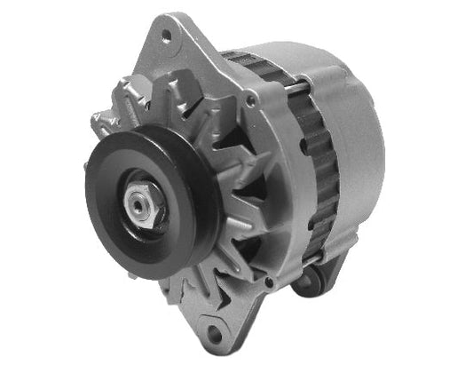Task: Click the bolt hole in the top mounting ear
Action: click(166, 36)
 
